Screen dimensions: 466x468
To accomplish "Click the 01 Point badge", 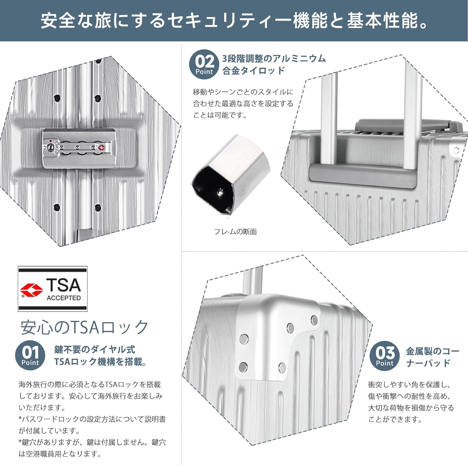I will [x=30, y=355].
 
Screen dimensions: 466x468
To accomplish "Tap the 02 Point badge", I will [x=204, y=64].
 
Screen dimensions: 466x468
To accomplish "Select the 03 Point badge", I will [x=385, y=356].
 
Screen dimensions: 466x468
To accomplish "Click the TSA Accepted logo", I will [x=52, y=289].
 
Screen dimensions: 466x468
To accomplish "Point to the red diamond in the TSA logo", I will [x=32, y=290].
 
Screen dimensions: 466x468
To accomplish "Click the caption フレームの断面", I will [x=235, y=232].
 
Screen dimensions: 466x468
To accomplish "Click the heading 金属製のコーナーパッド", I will [x=432, y=357].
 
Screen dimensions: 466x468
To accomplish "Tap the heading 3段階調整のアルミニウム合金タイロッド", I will [x=274, y=64].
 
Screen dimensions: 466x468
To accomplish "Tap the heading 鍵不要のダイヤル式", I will [x=95, y=349].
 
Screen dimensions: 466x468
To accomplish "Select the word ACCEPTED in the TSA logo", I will [x=64, y=298].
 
